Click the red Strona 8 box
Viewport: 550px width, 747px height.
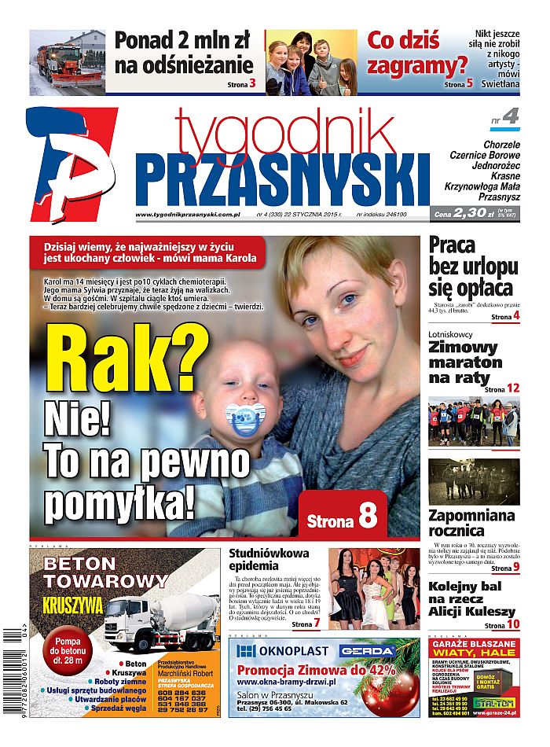(343, 516)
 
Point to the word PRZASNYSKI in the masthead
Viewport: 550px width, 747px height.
(280, 178)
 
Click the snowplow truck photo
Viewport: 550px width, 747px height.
(67, 62)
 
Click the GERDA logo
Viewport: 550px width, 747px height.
(366, 650)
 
